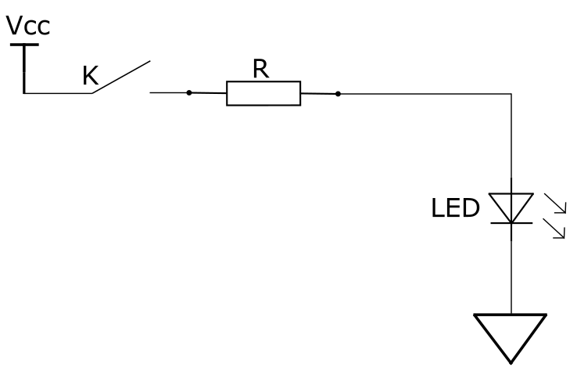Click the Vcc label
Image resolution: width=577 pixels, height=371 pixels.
click(x=28, y=25)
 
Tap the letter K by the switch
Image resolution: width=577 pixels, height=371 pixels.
click(x=90, y=75)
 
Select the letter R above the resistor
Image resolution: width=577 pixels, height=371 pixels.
click(x=261, y=69)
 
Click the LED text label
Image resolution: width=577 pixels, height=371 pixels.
click(x=455, y=207)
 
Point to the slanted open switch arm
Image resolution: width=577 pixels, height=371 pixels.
click(x=120, y=77)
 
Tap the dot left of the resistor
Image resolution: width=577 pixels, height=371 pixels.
click(x=189, y=92)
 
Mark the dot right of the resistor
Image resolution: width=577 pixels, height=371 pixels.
click(x=339, y=94)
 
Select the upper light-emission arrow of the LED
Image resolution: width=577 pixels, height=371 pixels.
click(x=555, y=204)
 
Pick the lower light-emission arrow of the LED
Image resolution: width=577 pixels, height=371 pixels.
click(x=554, y=229)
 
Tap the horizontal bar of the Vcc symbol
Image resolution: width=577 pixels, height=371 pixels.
click(x=24, y=45)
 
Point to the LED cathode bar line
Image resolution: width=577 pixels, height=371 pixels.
click(x=511, y=223)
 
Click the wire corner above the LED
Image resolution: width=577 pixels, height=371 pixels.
click(x=511, y=94)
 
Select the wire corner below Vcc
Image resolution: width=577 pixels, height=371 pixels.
click(x=24, y=93)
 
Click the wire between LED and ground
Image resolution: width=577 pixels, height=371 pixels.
click(x=511, y=276)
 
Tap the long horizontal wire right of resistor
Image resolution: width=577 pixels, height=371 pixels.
click(x=425, y=94)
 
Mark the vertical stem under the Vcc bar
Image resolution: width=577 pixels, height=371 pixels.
click(x=24, y=69)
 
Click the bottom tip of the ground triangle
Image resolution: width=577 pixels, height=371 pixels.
click(x=511, y=364)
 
